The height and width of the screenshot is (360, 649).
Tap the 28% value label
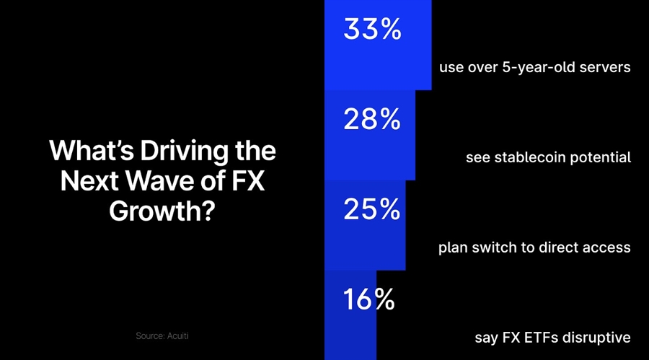pos(371,119)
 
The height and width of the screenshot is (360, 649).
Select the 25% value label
pos(371,209)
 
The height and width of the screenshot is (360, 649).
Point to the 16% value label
pos(368,299)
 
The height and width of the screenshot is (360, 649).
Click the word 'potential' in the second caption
pos(601,158)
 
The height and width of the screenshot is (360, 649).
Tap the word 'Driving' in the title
pos(183,152)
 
